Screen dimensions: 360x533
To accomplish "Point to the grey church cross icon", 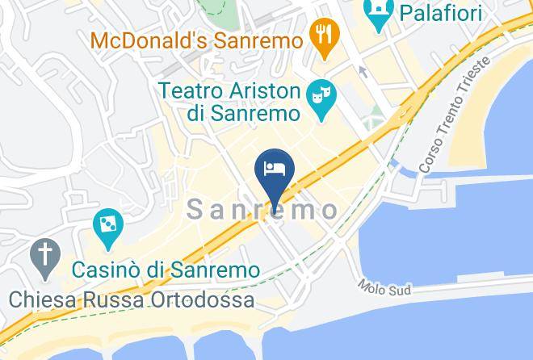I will [x=45, y=257].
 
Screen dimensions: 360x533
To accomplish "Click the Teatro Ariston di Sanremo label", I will [x=230, y=101].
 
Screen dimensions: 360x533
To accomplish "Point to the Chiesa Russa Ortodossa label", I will [x=132, y=299].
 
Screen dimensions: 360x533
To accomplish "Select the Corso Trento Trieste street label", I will [x=454, y=114].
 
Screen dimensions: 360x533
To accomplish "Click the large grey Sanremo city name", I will [x=263, y=210].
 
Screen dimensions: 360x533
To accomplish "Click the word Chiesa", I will [x=39, y=299].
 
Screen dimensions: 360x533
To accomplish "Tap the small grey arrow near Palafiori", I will [x=363, y=72].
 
